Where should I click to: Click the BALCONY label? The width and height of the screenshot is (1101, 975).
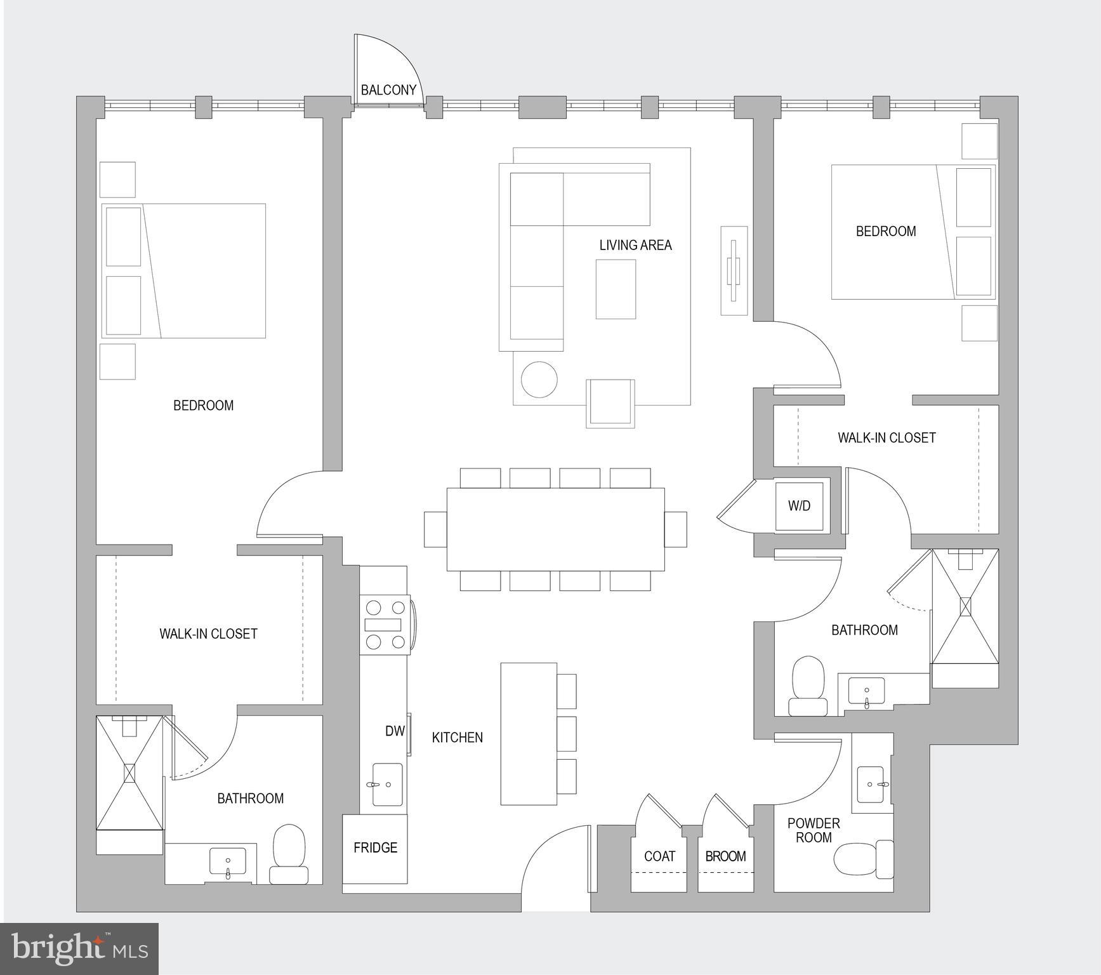388,90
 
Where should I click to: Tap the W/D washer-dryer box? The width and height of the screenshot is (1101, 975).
799,506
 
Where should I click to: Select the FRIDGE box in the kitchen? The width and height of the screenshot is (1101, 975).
375,848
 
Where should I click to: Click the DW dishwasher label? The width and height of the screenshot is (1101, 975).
395,731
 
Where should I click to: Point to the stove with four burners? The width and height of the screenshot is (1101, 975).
385,625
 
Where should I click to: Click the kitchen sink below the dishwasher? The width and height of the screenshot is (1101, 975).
386,785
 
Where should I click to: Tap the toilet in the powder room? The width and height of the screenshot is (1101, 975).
863,859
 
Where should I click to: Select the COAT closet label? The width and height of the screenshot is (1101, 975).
659,856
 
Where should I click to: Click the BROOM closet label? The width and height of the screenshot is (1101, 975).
725,856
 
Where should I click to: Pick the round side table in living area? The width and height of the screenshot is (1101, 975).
539,380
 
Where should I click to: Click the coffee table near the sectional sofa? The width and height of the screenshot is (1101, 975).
616,289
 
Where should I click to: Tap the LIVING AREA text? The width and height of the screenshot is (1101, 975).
635,245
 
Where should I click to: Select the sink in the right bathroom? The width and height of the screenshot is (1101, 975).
866,692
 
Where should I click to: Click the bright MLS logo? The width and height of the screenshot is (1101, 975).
79,949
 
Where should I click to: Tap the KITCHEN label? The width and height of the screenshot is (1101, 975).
457,738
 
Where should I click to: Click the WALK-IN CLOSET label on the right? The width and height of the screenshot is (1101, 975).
886,438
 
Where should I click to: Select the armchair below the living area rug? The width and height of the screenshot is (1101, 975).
610,402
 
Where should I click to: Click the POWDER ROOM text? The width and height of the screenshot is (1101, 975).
813,830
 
